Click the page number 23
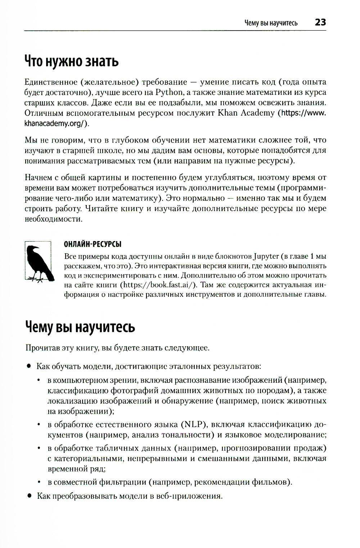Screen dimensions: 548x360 click(x=320, y=22)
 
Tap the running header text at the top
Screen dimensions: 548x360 click(x=271, y=23)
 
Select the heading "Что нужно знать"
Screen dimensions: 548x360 click(x=71, y=61)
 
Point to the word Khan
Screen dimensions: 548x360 click(x=228, y=113)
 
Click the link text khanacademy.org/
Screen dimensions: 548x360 click(x=57, y=123)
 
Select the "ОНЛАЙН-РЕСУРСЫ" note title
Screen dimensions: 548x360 click(x=93, y=244)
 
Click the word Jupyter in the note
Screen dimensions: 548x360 click(x=266, y=257)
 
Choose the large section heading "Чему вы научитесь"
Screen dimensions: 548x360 click(x=80, y=327)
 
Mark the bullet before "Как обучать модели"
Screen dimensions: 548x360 click(x=28, y=366)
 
